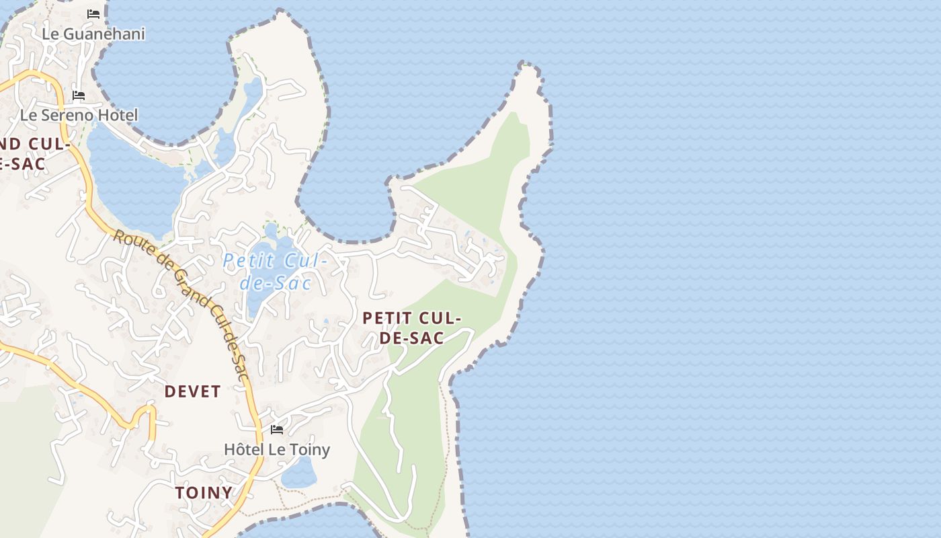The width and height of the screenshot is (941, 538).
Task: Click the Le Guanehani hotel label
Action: click(x=93, y=34)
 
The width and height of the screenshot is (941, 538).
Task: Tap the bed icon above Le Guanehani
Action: click(x=93, y=13)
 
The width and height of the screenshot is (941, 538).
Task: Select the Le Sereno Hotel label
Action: click(x=79, y=115)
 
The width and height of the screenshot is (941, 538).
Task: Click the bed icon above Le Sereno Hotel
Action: click(x=79, y=95)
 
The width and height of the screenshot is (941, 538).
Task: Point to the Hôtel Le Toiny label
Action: click(x=277, y=449)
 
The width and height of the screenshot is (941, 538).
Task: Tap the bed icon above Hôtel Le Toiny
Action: click(x=276, y=429)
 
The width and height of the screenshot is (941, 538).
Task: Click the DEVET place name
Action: click(x=193, y=391)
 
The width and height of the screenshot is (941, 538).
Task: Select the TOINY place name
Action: click(x=204, y=493)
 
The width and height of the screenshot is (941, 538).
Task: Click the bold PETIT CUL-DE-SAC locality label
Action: click(x=411, y=328)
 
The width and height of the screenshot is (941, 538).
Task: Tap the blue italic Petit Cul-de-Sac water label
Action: click(x=276, y=271)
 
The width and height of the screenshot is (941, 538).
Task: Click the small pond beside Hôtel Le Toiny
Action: click(x=298, y=474)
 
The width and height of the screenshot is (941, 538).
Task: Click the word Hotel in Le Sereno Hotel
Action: click(x=118, y=115)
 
